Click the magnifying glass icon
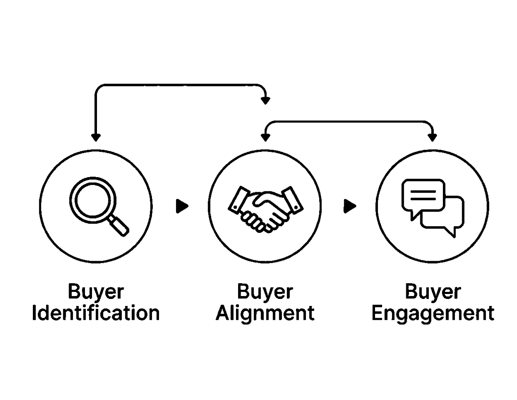[98, 206]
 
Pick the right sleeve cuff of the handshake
[292, 198]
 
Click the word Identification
[96, 313]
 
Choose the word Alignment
[265, 313]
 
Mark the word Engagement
[433, 313]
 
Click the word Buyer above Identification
[96, 291]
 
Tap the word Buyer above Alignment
[265, 291]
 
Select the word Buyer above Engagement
[433, 291]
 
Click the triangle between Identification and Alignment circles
[182, 206]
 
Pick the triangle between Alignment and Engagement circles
[350, 206]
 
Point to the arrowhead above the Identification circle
[96, 137]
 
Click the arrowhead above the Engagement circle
[432, 137]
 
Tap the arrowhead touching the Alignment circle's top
[265, 137]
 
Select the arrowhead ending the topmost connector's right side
[265, 100]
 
